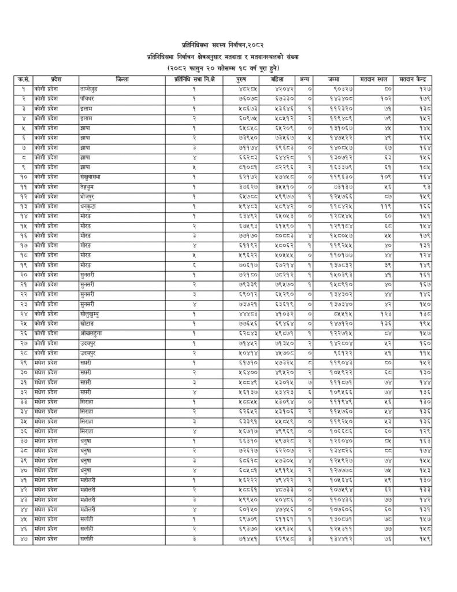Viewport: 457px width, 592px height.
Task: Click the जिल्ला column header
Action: [122, 79]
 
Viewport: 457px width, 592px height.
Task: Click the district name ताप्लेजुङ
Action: [93, 89]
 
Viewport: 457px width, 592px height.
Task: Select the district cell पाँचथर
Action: [90, 98]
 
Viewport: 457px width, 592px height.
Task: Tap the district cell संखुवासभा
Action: [93, 176]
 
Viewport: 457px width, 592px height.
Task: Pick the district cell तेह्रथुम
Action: [89, 186]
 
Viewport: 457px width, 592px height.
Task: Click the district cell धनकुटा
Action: [89, 206]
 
